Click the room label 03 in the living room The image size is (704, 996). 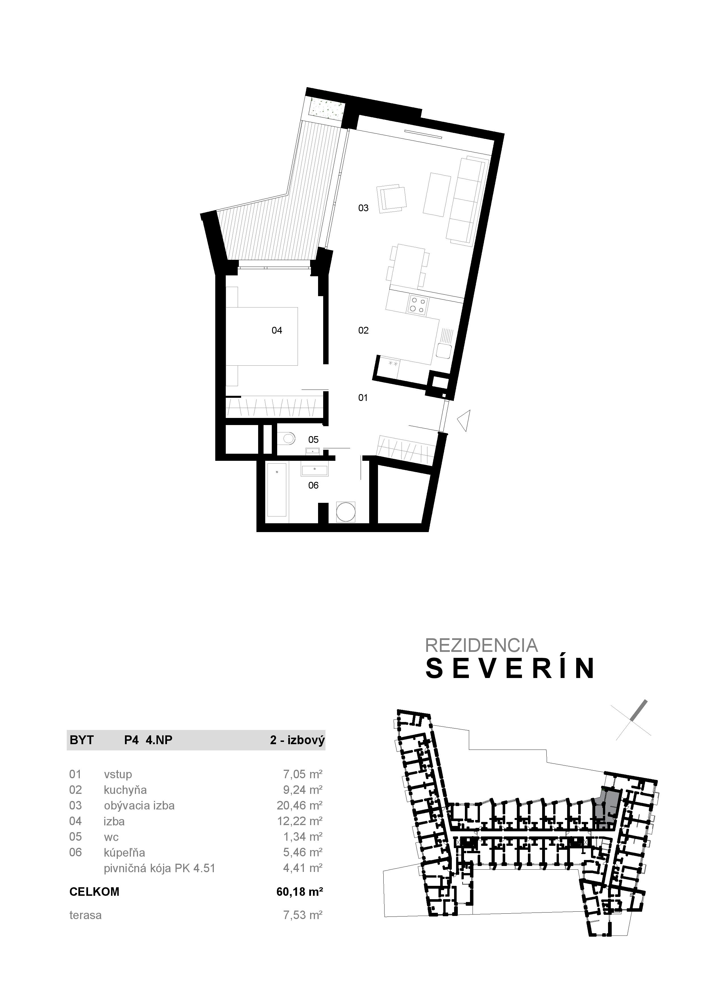[x=363, y=208]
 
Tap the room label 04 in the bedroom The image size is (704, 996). [x=277, y=330]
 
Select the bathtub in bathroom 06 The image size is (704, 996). [x=277, y=489]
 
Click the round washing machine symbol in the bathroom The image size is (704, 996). [x=346, y=512]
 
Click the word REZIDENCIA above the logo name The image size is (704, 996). [x=481, y=645]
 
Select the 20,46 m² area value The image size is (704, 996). [x=299, y=805]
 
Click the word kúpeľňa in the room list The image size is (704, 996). [x=124, y=852]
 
